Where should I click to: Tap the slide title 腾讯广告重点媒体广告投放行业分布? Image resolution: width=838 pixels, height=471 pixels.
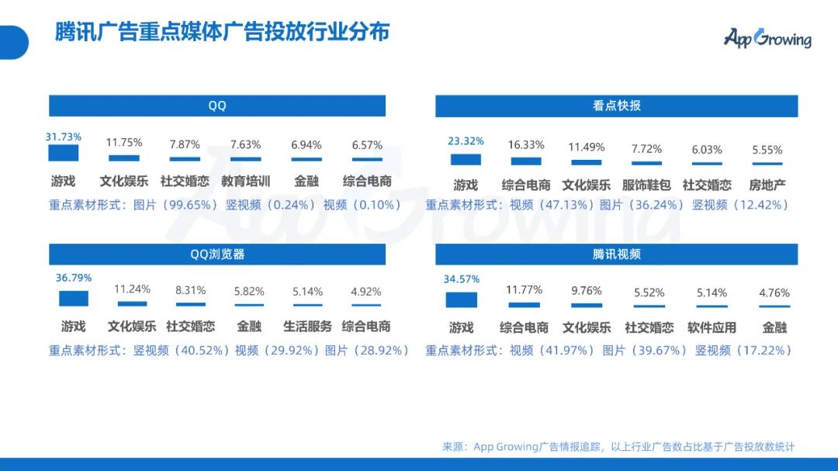tap(222, 32)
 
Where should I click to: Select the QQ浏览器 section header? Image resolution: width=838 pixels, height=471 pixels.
tap(217, 254)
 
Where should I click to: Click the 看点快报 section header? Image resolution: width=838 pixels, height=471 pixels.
tap(616, 106)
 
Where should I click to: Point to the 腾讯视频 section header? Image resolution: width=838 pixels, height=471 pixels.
tap(616, 254)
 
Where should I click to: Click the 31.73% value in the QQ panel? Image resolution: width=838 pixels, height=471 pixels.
tap(63, 137)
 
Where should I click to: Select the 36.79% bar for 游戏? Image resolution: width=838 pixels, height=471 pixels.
tap(74, 299)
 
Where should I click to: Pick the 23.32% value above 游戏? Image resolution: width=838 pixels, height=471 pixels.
tap(466, 141)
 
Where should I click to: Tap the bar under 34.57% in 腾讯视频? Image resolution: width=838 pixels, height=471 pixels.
tap(461, 300)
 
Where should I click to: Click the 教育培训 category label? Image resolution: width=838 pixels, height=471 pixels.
tap(245, 182)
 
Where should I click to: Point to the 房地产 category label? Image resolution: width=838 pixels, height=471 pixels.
tap(767, 185)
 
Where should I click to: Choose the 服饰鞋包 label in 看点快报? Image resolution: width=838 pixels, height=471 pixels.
tap(646, 185)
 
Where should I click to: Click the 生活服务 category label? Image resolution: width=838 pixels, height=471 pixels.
tap(307, 326)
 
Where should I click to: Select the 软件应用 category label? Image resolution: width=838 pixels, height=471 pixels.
tap(712, 327)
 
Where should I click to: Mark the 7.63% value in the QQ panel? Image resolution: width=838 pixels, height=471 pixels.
tap(245, 144)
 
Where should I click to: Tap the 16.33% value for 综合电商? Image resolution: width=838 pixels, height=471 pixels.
tap(526, 144)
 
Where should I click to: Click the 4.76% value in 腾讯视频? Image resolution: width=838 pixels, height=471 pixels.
tap(774, 293)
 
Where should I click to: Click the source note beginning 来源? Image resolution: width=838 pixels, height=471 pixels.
tap(618, 446)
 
